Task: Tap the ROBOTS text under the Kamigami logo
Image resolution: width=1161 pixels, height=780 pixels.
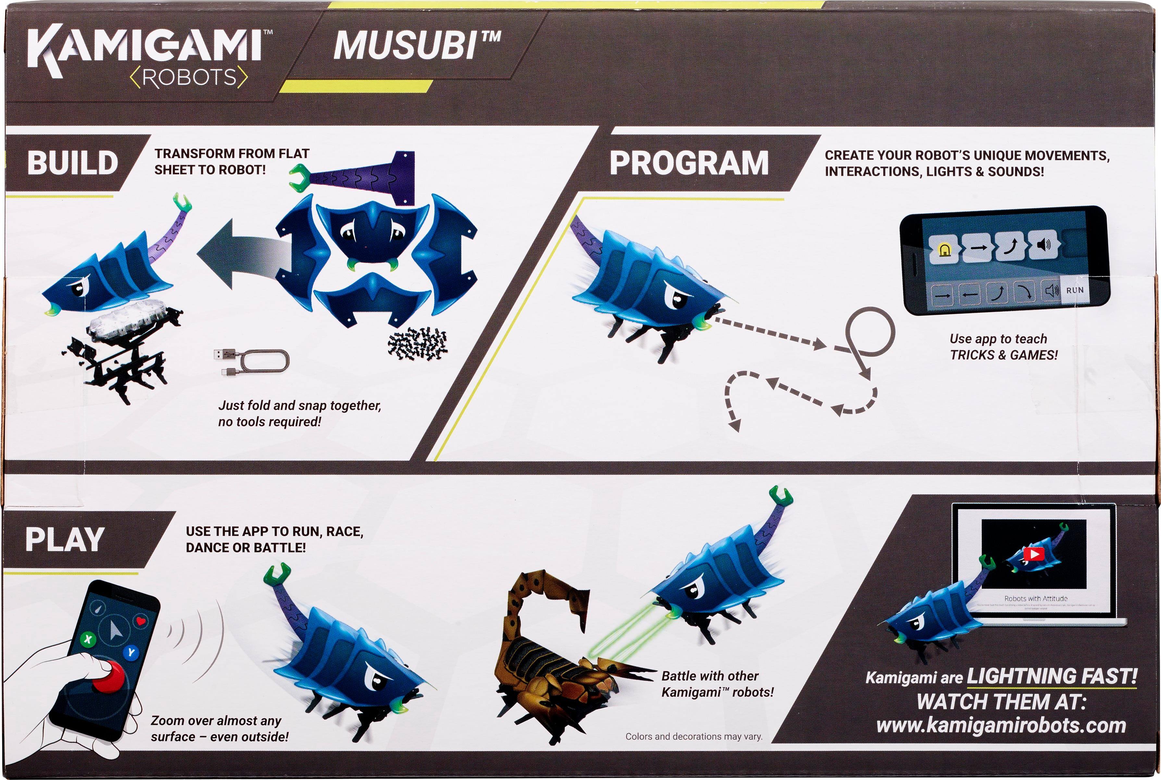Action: click(x=189, y=78)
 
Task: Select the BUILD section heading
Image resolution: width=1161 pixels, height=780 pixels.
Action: click(x=73, y=163)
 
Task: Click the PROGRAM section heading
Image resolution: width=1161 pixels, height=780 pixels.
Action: click(x=689, y=163)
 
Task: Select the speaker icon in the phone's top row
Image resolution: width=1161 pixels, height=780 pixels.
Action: click(x=1043, y=245)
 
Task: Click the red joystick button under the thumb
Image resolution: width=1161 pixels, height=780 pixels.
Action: click(x=108, y=676)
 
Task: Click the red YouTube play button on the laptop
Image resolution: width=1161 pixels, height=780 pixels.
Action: click(x=1034, y=554)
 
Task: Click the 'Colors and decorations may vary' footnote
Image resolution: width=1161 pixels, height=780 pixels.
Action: click(x=694, y=736)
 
